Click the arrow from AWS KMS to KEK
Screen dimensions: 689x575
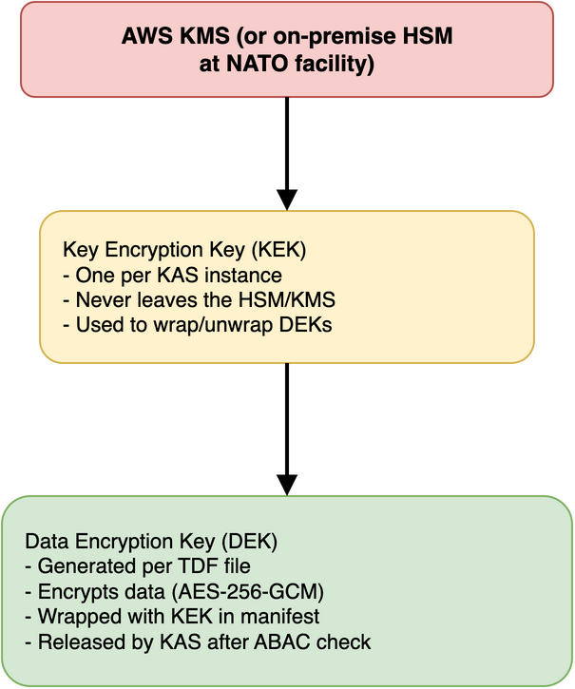[x=286, y=152]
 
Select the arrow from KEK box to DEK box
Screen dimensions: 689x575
[x=286, y=428]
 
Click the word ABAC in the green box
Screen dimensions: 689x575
[x=295, y=641]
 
